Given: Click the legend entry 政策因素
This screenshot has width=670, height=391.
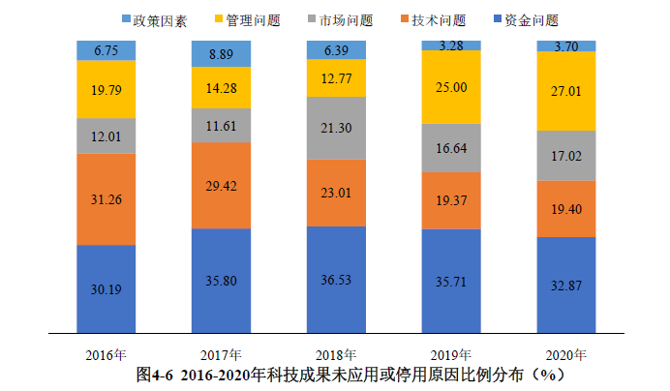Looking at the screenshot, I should pyautogui.click(x=154, y=19).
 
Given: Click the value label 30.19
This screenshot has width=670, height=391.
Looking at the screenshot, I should pyautogui.click(x=107, y=286).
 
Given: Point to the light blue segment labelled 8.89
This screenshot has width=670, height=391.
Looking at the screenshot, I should pyautogui.click(x=222, y=53).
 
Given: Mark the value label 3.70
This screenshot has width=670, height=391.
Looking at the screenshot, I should pyautogui.click(x=566, y=45).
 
